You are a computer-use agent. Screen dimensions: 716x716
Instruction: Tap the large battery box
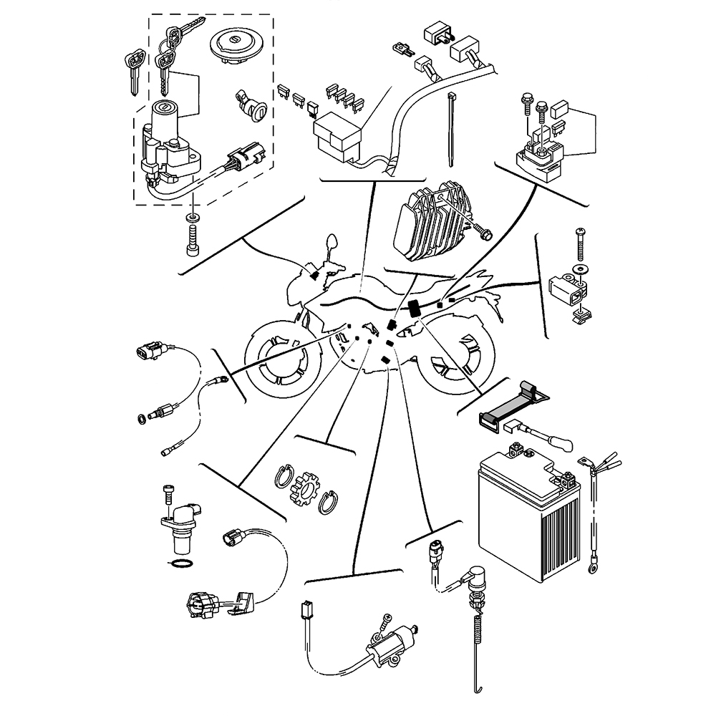tap(526, 512)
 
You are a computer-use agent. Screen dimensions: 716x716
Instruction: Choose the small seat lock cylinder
tap(251, 107)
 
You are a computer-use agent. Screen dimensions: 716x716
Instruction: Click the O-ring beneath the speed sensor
tap(183, 565)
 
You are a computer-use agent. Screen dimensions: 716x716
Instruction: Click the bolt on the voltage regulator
tap(483, 231)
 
